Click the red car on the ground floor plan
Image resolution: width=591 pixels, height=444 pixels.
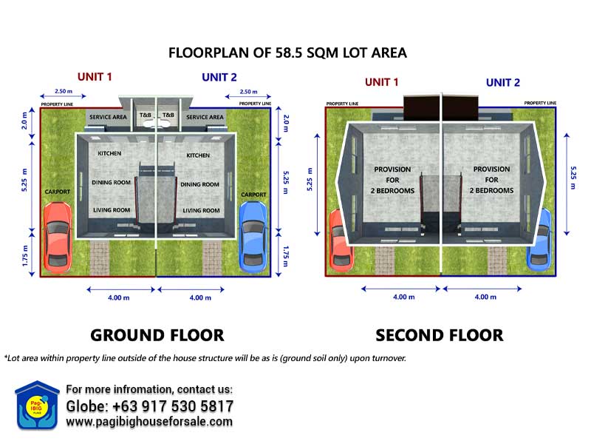tap(58, 237)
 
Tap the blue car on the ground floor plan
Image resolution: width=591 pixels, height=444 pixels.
tap(253, 236)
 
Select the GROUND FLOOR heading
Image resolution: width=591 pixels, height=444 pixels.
tap(157, 335)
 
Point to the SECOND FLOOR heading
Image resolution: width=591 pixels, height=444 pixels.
tap(439, 335)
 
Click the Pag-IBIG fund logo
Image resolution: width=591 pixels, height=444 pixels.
tap(36, 406)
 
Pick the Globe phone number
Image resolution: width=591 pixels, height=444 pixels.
tap(150, 406)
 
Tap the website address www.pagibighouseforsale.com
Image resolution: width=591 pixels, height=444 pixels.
tap(149, 421)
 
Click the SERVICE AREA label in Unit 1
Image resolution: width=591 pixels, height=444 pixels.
tap(108, 117)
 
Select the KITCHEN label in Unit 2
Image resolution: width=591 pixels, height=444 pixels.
tap(198, 155)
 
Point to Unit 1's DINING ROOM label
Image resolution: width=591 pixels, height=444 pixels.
tap(112, 182)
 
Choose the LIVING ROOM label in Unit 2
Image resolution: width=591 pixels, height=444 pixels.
tap(201, 210)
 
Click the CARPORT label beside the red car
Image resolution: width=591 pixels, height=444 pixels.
tap(58, 192)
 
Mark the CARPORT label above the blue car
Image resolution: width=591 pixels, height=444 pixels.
tap(253, 195)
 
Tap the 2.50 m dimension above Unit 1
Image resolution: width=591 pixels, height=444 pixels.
tap(64, 91)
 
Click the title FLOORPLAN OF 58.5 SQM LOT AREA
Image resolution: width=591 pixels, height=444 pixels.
tap(287, 53)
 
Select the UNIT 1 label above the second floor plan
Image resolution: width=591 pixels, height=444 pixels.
tap(381, 82)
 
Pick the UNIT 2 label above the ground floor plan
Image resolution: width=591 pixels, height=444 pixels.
tap(219, 77)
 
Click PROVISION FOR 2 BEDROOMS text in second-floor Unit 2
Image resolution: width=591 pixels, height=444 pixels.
tap(491, 180)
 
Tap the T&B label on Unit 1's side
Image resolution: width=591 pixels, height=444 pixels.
tap(146, 115)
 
